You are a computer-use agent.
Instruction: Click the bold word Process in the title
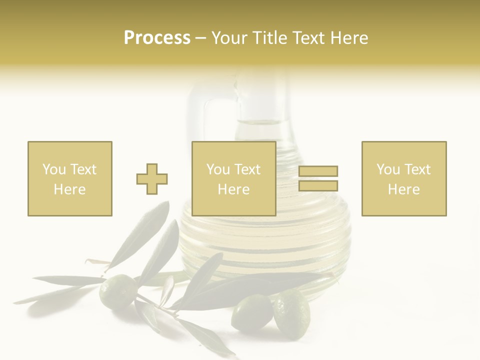pyautogui.click(x=157, y=38)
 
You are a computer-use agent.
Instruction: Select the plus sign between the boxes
pyautogui.click(x=152, y=178)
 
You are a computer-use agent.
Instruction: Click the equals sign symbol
pyautogui.click(x=318, y=178)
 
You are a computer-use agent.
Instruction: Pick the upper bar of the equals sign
pyautogui.click(x=318, y=171)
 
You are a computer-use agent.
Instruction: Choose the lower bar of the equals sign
pyautogui.click(x=318, y=186)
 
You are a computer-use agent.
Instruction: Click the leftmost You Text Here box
pyautogui.click(x=69, y=178)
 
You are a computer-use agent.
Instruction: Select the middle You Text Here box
pyautogui.click(x=233, y=178)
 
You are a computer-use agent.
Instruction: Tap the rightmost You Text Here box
pyautogui.click(x=403, y=178)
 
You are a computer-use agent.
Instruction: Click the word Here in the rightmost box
pyautogui.click(x=403, y=189)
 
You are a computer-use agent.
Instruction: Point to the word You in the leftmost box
pyautogui.click(x=53, y=169)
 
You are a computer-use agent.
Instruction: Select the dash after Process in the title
pyautogui.click(x=200, y=38)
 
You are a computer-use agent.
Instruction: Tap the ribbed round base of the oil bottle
pyautogui.click(x=265, y=245)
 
